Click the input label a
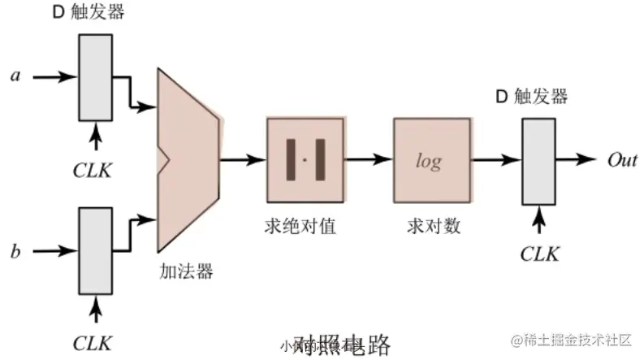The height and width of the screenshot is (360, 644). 15,76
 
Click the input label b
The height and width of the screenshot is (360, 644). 15,251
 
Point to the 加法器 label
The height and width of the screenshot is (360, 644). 186,271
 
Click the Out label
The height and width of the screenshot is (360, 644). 623,160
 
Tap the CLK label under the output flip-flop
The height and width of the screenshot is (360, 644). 540,254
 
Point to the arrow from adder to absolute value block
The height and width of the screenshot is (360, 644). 243,158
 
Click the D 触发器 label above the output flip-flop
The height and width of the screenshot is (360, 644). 532,98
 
